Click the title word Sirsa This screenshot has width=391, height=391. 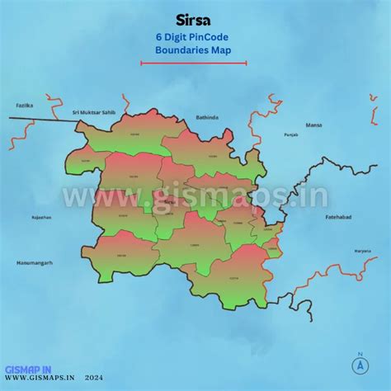pyautogui.click(x=194, y=19)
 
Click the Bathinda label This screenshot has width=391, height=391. pyautogui.click(x=207, y=118)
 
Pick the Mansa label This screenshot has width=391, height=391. pyautogui.click(x=313, y=125)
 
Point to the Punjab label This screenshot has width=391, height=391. pyautogui.click(x=290, y=134)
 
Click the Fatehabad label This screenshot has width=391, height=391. pyautogui.click(x=338, y=217)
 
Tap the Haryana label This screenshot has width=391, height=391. pyautogui.click(x=339, y=251)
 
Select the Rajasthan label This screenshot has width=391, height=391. pyautogui.click(x=41, y=218)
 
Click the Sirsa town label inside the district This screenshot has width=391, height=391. pyautogui.click(x=169, y=200)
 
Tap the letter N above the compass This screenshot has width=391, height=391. pyautogui.click(x=360, y=356)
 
